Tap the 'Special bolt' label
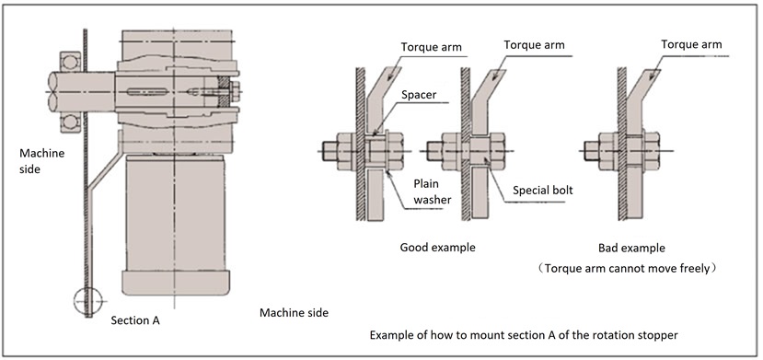(543, 190)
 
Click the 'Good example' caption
(437, 247)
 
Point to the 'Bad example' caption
(631, 248)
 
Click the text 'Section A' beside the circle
(135, 320)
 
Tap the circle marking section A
(88, 302)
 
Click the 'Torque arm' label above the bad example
(691, 44)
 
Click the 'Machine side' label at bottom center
(294, 313)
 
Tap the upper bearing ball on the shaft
(70, 63)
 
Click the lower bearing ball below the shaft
(70, 122)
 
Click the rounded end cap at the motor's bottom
(176, 284)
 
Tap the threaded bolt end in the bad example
(591, 151)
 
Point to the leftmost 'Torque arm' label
(432, 47)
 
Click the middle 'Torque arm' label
(535, 45)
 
